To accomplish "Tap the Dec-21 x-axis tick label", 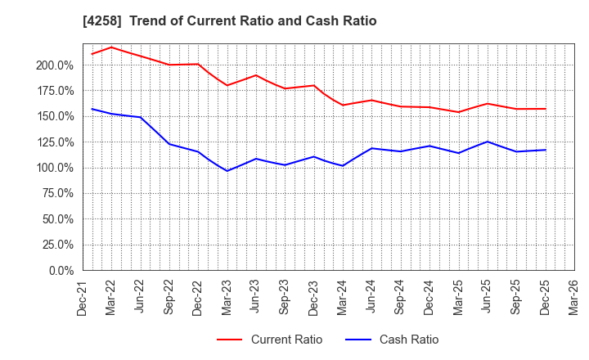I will [x=83, y=296].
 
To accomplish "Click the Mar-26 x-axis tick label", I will [x=574, y=296].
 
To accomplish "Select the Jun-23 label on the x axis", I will [x=256, y=296].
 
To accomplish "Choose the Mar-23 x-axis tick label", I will [x=227, y=296].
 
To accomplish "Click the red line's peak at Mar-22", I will [x=111, y=47].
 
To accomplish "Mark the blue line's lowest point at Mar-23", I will [x=227, y=170].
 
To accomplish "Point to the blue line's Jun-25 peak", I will [x=488, y=142].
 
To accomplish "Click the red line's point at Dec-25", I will [x=546, y=109].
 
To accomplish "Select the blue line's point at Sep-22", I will [x=169, y=144].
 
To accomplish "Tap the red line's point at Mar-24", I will [x=343, y=105].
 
